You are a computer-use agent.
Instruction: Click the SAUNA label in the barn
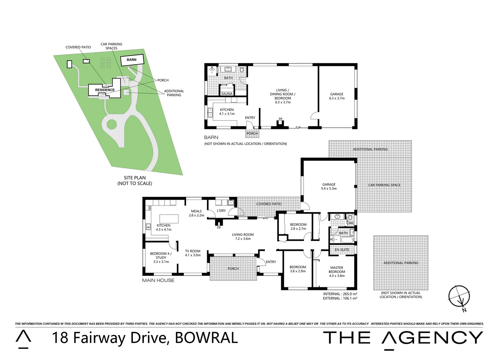[x=227, y=94]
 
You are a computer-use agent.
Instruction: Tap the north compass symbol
[x=459, y=296]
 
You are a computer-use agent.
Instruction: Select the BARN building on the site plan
[x=131, y=60]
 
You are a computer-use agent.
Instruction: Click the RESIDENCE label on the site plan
[x=105, y=90]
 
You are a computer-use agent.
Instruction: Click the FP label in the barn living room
[x=281, y=119]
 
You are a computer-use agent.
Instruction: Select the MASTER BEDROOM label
[x=337, y=270]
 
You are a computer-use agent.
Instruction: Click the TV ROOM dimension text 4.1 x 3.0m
[x=193, y=255]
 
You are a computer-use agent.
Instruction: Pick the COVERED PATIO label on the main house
[x=269, y=204]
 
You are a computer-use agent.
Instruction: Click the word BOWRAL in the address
[x=206, y=338]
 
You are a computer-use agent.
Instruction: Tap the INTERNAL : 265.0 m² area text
[x=340, y=294]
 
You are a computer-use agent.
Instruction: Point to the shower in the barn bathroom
[x=211, y=70]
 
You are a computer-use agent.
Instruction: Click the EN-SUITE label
[x=342, y=250]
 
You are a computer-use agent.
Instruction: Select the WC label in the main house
[x=351, y=223]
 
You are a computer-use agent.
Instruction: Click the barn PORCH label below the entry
[x=252, y=134]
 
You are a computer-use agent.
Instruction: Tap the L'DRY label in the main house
[x=221, y=211]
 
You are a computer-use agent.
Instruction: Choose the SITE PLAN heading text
[x=135, y=178]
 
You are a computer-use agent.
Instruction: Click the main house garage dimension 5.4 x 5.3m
[x=329, y=189]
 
